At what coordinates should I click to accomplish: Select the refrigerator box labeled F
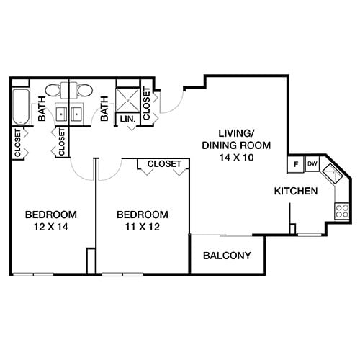(x=296, y=164)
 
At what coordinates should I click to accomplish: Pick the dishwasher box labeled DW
(x=312, y=164)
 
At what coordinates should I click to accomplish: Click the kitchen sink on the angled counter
(x=333, y=175)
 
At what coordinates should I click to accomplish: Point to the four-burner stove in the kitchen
(x=342, y=210)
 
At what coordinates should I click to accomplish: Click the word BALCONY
(x=227, y=256)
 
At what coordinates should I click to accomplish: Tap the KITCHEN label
(x=296, y=192)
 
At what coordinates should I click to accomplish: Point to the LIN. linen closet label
(x=128, y=118)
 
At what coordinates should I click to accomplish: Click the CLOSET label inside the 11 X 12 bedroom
(x=164, y=164)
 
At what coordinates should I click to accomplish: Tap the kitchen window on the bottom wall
(x=311, y=234)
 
